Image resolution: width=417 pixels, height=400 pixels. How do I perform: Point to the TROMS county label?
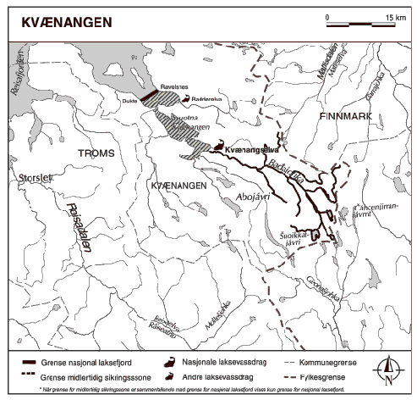tap(95, 153)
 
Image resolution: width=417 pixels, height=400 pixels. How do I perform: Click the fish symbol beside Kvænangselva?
tap(217, 146)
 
